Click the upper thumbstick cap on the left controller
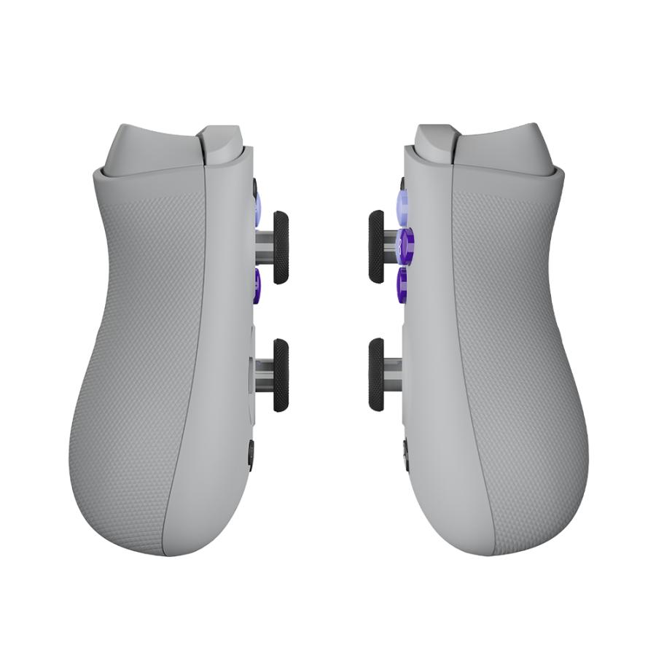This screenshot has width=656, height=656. pyautogui.click(x=281, y=247)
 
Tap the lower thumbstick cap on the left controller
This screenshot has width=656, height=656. pyautogui.click(x=281, y=375)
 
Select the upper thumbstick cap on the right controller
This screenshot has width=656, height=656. pyautogui.click(x=376, y=246)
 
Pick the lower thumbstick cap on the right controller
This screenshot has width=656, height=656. pyautogui.click(x=376, y=374)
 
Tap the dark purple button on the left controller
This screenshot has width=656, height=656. pyautogui.click(x=257, y=284)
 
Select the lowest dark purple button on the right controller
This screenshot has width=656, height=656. pyautogui.click(x=401, y=284)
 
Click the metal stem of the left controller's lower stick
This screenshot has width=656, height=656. pyautogui.click(x=264, y=374)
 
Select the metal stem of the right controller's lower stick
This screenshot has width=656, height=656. pyautogui.click(x=391, y=374)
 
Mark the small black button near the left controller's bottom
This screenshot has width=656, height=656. pyautogui.click(x=251, y=455)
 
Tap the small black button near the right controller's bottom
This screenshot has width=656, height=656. pyautogui.click(x=405, y=454)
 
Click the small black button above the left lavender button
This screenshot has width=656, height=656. pyautogui.click(x=254, y=187)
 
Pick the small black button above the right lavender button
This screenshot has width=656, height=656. pyautogui.click(x=402, y=184)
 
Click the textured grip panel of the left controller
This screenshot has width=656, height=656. pyautogui.click(x=138, y=364)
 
